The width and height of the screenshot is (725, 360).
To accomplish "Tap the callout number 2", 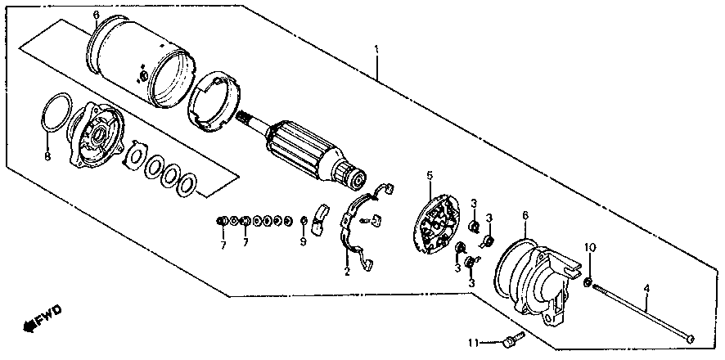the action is (x=346, y=272).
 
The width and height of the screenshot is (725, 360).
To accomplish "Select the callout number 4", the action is (x=646, y=287).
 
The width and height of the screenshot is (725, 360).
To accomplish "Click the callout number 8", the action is (x=47, y=155).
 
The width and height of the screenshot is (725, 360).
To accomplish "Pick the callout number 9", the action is (x=303, y=242).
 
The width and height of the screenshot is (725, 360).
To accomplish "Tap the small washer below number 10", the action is (x=588, y=283).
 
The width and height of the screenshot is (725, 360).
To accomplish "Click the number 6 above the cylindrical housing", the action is (x=96, y=16).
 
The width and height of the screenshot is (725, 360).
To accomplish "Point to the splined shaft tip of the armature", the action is (x=245, y=119).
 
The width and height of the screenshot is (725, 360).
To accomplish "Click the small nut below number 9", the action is (x=303, y=221).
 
